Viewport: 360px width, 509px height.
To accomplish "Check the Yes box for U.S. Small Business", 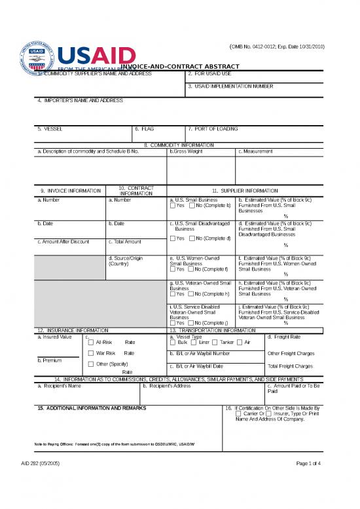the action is coord(172,206).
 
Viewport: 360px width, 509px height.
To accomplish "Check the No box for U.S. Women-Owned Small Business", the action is coord(190,269).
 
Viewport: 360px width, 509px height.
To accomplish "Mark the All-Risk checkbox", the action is coord(91,342).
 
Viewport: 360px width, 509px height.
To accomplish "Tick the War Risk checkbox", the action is coord(91,353).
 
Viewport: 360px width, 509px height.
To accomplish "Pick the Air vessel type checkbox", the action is coord(240,342).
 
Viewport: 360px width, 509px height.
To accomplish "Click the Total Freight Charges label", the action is coord(291,366).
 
